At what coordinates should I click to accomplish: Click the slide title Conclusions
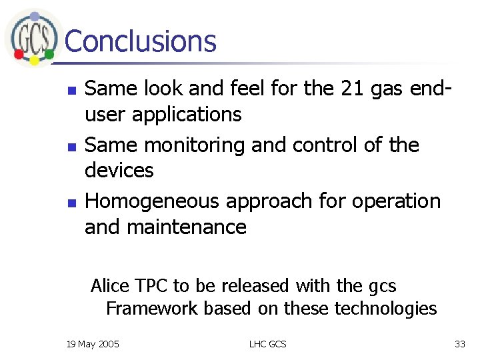(141, 41)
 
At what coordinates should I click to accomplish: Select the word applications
(187, 115)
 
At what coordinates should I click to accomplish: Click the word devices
(119, 170)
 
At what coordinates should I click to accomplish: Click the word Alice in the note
(109, 286)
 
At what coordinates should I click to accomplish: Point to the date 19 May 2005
(93, 344)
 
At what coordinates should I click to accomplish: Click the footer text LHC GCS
(267, 344)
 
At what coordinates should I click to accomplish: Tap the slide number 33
(459, 344)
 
